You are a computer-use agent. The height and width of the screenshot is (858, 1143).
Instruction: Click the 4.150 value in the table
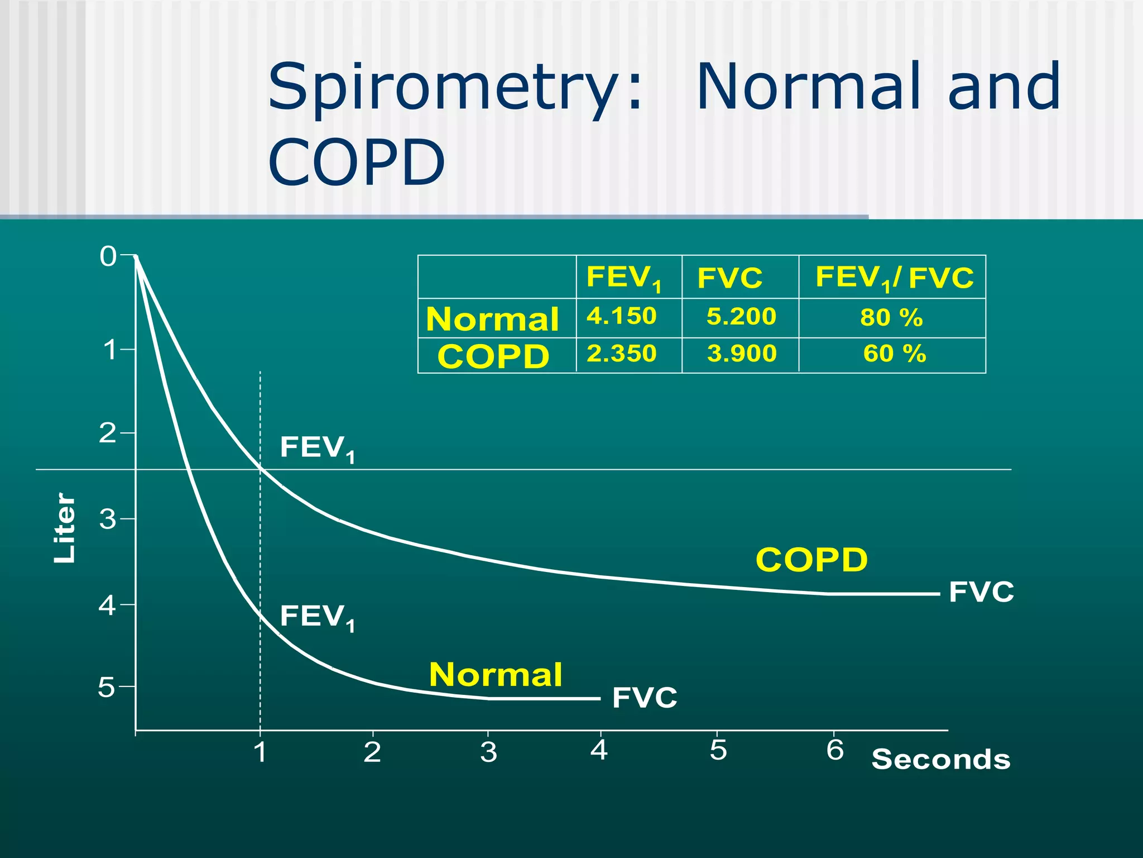tap(621, 316)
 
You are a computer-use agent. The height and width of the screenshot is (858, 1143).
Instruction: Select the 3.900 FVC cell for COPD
tap(741, 354)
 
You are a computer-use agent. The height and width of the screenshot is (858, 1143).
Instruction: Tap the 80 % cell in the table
tap(891, 317)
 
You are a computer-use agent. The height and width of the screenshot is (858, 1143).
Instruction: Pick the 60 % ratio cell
tap(894, 354)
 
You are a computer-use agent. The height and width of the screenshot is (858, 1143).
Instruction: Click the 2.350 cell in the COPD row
tap(621, 354)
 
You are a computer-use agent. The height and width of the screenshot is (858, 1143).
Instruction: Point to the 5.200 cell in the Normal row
tap(741, 317)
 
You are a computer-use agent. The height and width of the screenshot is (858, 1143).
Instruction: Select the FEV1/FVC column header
tap(894, 278)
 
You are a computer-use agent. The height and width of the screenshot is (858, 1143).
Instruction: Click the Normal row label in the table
tap(492, 319)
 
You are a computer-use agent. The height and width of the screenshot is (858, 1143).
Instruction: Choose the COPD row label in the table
tap(493, 356)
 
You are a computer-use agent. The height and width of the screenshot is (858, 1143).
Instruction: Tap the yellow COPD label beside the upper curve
tap(811, 560)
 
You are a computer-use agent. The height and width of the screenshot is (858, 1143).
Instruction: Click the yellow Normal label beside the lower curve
tap(496, 675)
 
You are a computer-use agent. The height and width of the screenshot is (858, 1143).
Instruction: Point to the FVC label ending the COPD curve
tap(981, 592)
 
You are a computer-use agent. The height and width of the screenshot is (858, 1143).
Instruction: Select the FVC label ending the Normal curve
tap(645, 698)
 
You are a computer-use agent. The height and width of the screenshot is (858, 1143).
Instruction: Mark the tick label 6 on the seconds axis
tap(835, 750)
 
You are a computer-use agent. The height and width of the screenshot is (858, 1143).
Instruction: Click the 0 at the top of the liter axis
tap(108, 256)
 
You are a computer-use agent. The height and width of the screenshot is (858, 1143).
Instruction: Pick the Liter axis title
tap(64, 528)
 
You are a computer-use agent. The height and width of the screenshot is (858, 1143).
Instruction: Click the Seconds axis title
tap(941, 760)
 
